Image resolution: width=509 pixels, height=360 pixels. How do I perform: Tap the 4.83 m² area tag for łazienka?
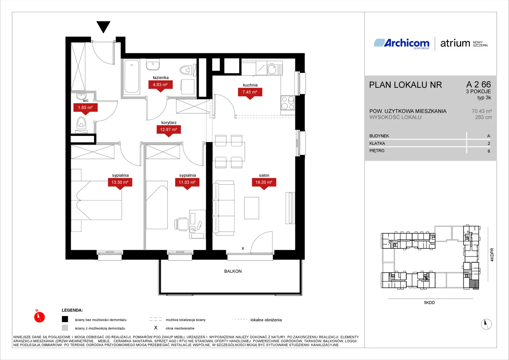coord(161,86)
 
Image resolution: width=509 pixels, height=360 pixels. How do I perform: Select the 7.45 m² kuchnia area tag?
coord(250,93)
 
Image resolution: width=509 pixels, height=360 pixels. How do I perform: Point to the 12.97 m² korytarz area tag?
coord(169,131)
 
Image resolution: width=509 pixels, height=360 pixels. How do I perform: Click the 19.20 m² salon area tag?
coord(264,184)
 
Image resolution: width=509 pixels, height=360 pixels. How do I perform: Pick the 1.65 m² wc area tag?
coord(85,109)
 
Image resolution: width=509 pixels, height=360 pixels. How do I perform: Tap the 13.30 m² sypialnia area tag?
coord(120,184)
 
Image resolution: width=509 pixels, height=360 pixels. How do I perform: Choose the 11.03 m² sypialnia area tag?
coord(187,184)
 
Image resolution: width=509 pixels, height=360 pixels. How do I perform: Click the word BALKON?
coord(233,271)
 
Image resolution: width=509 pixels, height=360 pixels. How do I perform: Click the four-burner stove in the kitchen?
coord(288,103)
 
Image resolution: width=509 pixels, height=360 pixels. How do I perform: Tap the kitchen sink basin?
coord(272,69)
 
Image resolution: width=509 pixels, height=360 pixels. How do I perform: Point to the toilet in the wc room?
coord(81,123)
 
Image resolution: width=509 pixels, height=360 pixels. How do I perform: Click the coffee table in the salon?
coord(252,208)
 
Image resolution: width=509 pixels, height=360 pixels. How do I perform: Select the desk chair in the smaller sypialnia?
coord(182,224)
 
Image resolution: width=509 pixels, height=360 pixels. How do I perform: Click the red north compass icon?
coord(39,317)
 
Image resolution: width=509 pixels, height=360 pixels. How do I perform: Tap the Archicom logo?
coord(402,43)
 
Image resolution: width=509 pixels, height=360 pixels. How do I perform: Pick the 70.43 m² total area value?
coord(482,111)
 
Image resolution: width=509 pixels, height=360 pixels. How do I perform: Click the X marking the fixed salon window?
coord(243,248)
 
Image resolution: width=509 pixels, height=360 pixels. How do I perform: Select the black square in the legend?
coord(65,319)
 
